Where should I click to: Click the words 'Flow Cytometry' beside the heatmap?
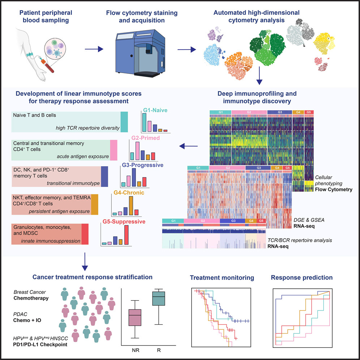334,189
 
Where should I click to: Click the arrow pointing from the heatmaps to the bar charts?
188,146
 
